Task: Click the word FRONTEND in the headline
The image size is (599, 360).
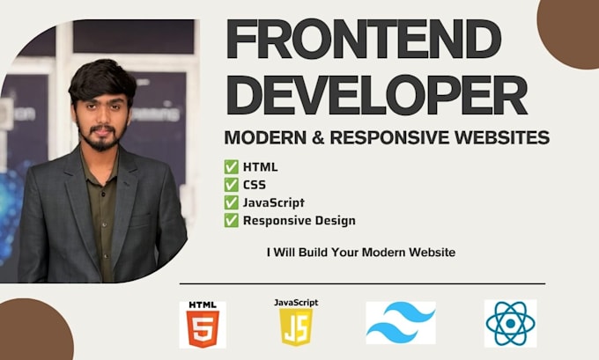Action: click(364, 39)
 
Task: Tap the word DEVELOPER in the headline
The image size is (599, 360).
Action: click(377, 95)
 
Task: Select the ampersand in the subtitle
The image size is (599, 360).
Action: click(318, 137)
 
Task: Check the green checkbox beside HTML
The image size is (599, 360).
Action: click(231, 167)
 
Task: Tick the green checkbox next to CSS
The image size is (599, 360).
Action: click(231, 185)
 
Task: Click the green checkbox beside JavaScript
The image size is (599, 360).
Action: click(231, 202)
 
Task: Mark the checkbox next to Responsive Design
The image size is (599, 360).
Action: click(231, 220)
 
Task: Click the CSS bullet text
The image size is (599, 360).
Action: click(255, 185)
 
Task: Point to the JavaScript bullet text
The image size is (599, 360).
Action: click(274, 202)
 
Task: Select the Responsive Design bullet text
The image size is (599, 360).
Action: click(299, 221)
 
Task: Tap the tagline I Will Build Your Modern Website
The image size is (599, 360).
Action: click(361, 253)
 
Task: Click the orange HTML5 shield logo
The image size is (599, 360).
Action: click(203, 328)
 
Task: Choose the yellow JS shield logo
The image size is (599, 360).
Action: click(296, 327)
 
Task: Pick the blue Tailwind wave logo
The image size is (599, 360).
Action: click(401, 323)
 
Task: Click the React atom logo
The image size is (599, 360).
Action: click(510, 323)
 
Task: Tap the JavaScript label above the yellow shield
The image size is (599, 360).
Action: click(296, 303)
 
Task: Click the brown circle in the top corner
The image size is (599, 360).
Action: click(568, 34)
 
